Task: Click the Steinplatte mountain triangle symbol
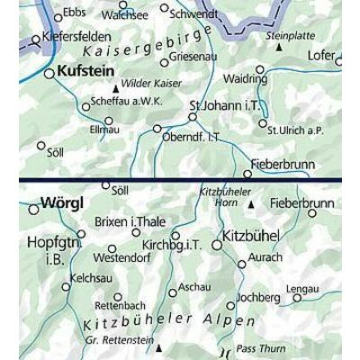279,46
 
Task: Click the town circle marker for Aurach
242,265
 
